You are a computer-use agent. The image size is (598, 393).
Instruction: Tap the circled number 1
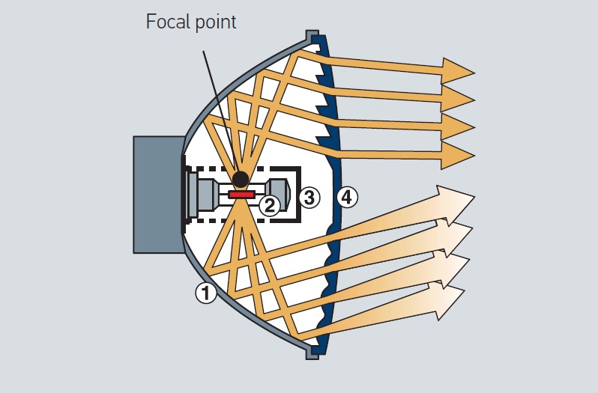[x=206, y=293]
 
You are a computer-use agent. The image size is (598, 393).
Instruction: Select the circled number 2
[x=270, y=204]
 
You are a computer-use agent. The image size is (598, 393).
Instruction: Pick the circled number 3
[x=308, y=198]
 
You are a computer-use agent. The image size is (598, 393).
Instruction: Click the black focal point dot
[x=241, y=179]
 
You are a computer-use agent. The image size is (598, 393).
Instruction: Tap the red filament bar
[x=241, y=195]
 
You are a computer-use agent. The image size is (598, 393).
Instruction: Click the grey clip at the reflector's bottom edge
[x=312, y=352]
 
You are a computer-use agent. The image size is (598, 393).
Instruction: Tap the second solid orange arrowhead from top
[x=457, y=98]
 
